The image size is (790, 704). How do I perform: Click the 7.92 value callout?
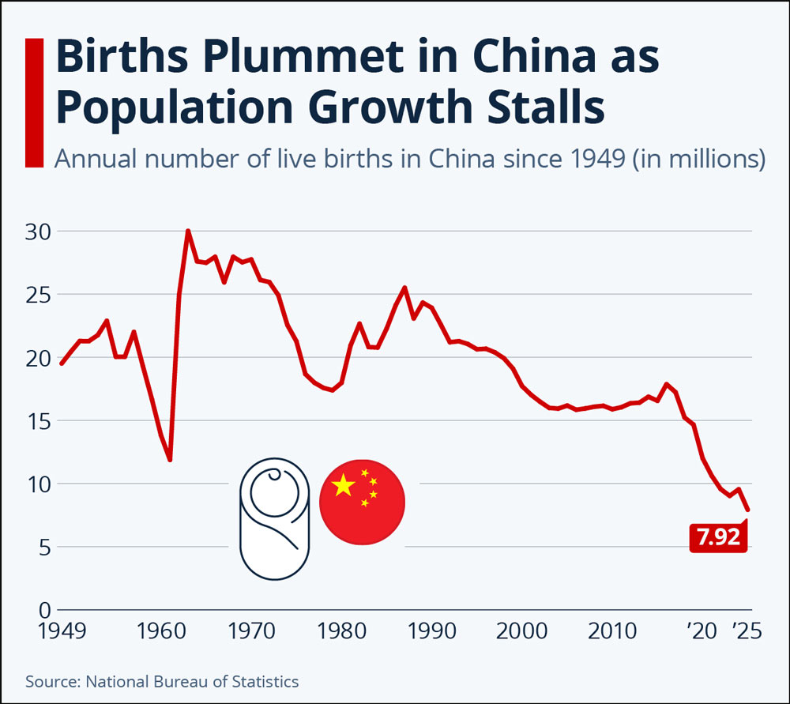tap(717, 537)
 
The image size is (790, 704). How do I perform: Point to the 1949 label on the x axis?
tap(60, 631)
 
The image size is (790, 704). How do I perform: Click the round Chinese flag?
tap(362, 502)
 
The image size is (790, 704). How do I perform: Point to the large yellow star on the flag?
tap(344, 485)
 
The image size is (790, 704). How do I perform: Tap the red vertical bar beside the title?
tap(34, 102)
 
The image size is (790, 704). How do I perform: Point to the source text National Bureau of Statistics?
tap(192, 680)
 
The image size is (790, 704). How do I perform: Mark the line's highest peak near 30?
tap(188, 231)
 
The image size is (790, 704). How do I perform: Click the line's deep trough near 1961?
tap(170, 460)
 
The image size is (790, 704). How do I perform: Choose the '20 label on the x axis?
tap(702, 631)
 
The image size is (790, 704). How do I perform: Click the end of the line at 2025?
tap(747, 510)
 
